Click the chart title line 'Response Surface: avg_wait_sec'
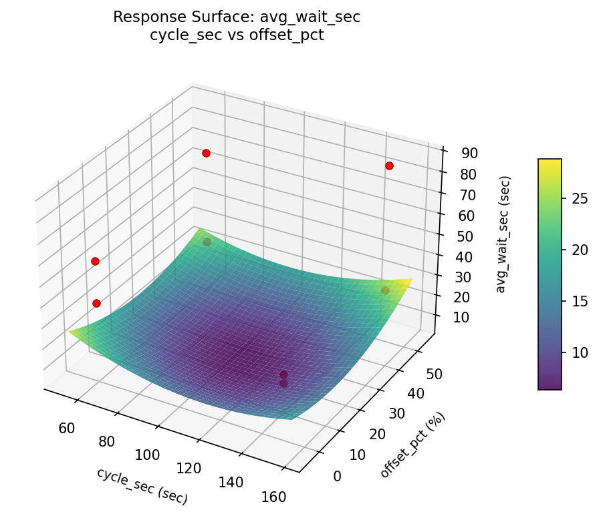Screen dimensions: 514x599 pyautogui.click(x=237, y=17)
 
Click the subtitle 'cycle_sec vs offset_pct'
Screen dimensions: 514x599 pyautogui.click(x=237, y=35)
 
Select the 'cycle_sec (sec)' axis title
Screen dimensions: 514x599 pyautogui.click(x=142, y=485)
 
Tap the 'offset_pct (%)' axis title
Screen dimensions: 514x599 pyautogui.click(x=412, y=445)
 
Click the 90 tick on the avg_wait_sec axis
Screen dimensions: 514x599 pyautogui.click(x=469, y=153)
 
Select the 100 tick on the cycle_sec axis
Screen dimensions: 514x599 pyautogui.click(x=147, y=455)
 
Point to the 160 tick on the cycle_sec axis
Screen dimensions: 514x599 pyautogui.click(x=274, y=497)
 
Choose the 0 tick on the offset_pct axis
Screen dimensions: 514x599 pyautogui.click(x=336, y=476)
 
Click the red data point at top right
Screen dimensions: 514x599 pyautogui.click(x=389, y=166)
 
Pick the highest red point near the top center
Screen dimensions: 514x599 pyautogui.click(x=206, y=153)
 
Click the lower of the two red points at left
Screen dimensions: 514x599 pyautogui.click(x=96, y=303)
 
